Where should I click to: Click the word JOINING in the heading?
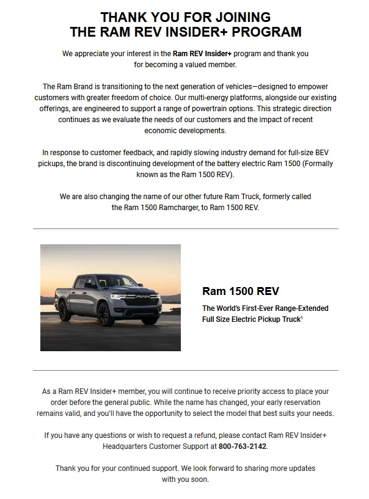238,17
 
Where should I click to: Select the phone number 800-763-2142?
243,446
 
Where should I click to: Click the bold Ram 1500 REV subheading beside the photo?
240,291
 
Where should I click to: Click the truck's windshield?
115,281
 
